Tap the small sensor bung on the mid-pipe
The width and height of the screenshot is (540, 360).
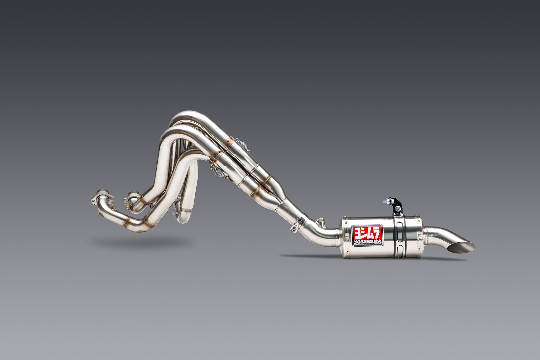(321, 220)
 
